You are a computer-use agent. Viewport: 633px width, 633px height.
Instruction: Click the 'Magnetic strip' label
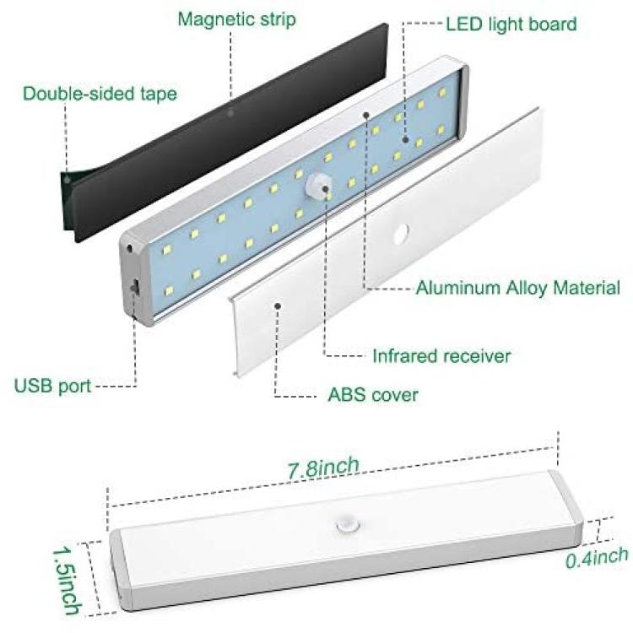(236, 19)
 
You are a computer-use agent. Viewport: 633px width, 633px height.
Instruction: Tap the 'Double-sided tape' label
(100, 94)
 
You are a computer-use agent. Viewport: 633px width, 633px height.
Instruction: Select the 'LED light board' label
(511, 24)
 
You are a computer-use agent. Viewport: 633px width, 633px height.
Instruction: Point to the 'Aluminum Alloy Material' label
(518, 288)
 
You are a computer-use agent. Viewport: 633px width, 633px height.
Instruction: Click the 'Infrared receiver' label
(441, 356)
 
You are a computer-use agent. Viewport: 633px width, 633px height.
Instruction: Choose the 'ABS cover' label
(373, 394)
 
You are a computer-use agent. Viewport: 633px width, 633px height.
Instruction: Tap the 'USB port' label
(53, 386)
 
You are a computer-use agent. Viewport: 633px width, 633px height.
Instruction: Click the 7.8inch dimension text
(323, 468)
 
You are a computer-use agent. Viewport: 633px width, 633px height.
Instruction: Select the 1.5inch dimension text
(67, 580)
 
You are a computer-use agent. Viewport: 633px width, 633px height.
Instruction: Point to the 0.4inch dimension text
(597, 558)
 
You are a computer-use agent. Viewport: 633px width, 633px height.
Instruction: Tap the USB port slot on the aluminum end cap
(134, 288)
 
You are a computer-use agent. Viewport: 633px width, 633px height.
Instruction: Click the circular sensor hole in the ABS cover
(399, 234)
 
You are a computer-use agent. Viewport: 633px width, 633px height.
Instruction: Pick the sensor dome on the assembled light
(347, 526)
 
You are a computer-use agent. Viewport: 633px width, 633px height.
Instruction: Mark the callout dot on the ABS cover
(278, 306)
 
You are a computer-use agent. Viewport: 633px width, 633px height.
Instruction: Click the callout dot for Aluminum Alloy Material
(366, 115)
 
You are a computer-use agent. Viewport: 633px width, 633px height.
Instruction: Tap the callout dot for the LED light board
(405, 140)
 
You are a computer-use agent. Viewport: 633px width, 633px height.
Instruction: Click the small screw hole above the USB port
(130, 248)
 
